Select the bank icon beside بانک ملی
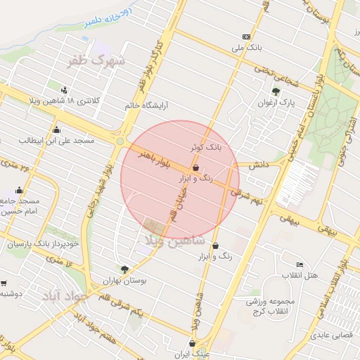coord(246,37)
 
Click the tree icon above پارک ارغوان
coord(276,91)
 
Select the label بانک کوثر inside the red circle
coord(205,148)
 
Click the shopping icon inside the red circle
coord(195,167)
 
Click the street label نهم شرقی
coord(245,193)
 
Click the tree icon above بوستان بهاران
coord(124,269)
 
